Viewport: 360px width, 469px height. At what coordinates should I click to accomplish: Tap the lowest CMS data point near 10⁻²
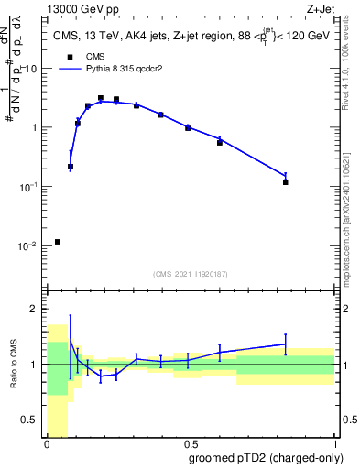tap(58, 242)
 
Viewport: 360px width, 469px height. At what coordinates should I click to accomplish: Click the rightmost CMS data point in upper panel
tap(286, 182)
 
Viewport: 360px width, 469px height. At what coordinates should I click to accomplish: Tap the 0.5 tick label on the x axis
tap(190, 443)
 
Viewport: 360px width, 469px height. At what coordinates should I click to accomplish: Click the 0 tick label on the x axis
tap(47, 443)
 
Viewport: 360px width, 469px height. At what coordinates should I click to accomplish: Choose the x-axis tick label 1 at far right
tap(334, 443)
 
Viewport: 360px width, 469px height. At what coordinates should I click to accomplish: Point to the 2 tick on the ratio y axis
tap(36, 309)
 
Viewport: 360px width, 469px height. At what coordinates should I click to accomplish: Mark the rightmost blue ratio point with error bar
tap(286, 344)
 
